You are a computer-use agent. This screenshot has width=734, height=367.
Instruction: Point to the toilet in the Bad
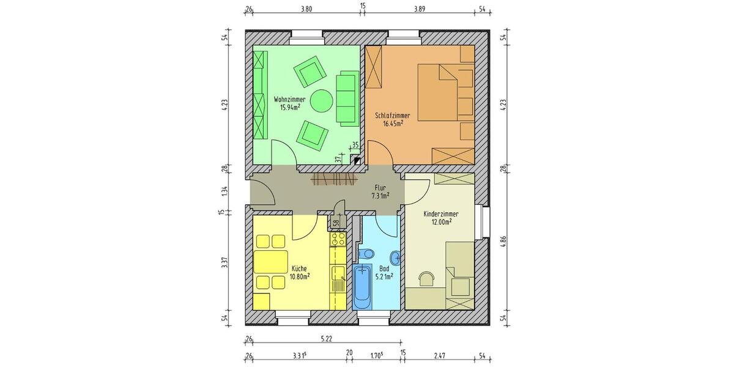pyautogui.click(x=366, y=253)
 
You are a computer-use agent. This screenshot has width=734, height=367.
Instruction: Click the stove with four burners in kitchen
pyautogui.click(x=338, y=239)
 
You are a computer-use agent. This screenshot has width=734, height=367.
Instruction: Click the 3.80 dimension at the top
pyautogui.click(x=307, y=9)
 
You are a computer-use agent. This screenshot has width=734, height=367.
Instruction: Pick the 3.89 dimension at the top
pyautogui.click(x=419, y=9)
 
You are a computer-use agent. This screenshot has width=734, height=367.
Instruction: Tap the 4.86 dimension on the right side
pyautogui.click(x=503, y=240)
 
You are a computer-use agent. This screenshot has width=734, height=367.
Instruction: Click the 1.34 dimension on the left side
pyautogui.click(x=225, y=190)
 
